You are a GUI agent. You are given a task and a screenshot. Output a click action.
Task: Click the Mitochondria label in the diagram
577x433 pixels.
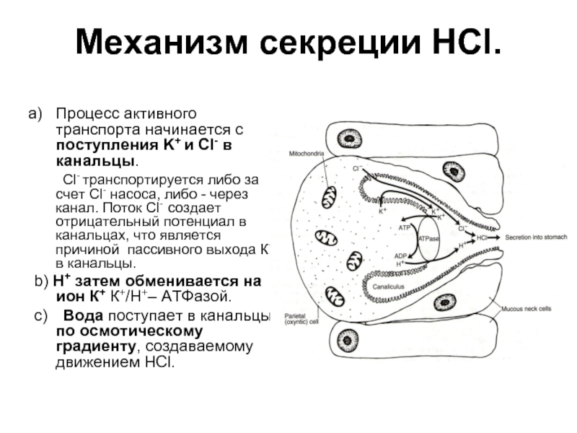pos(306,154)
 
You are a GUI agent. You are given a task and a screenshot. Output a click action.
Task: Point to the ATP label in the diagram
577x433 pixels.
pos(404,227)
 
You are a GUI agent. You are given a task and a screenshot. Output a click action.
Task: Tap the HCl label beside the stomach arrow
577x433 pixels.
pos(483,237)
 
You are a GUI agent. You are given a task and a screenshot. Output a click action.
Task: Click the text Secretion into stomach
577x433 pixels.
pos(537,237)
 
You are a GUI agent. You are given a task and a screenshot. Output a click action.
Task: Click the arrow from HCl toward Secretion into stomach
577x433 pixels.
pos(497,237)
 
